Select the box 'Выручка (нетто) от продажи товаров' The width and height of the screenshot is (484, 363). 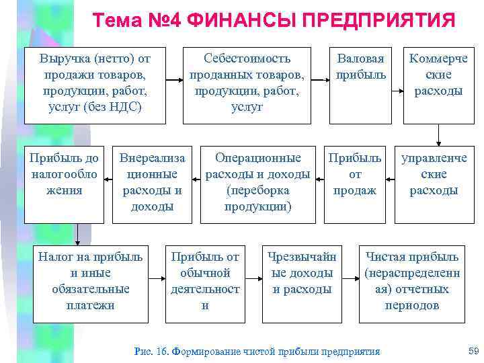[x=95, y=85]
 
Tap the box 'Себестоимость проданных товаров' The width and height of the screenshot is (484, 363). [x=247, y=85]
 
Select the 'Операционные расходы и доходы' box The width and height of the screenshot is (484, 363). [x=257, y=182]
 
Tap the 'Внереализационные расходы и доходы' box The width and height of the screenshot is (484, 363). [x=152, y=182]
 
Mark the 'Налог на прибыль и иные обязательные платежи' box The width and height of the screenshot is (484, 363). [x=90, y=281]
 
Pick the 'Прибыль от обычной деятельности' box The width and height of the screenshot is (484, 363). [x=205, y=281]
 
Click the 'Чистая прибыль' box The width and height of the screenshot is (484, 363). [x=412, y=281]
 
